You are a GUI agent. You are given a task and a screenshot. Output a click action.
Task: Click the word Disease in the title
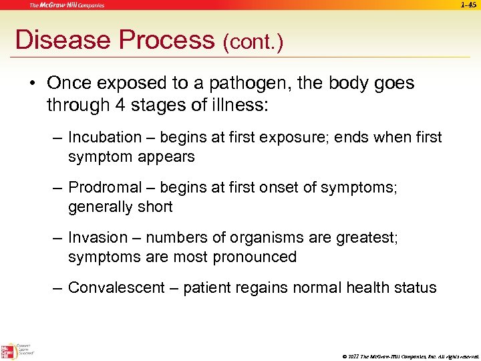click(63, 40)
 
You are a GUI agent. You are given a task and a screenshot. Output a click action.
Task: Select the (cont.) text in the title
click(253, 42)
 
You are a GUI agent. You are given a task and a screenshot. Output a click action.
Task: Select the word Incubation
click(105, 138)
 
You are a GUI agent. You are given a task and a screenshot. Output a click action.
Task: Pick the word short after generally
click(154, 207)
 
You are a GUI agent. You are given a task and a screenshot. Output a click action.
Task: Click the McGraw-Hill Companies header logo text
click(66, 5)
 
